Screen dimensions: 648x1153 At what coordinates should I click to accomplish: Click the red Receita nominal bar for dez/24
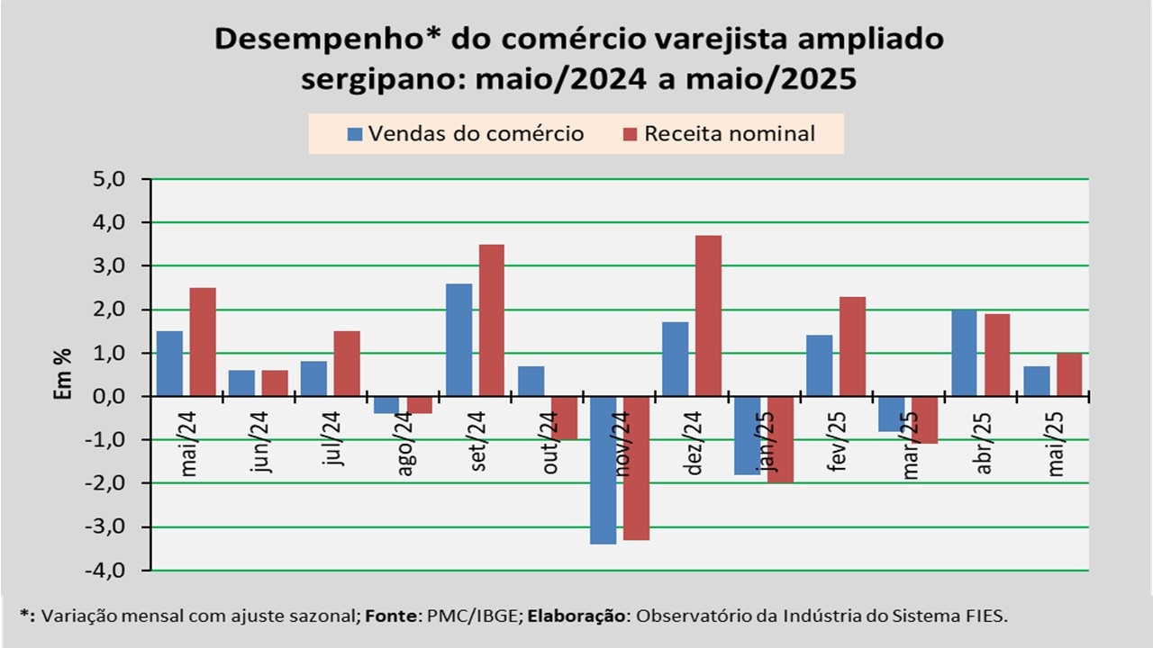[x=708, y=315]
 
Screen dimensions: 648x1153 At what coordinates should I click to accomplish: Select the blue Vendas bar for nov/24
[x=603, y=470]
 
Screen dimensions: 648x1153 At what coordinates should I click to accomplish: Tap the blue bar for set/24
[x=458, y=339]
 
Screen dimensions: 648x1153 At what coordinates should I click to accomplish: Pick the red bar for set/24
[x=492, y=319]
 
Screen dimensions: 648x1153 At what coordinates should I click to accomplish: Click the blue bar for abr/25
[x=963, y=352]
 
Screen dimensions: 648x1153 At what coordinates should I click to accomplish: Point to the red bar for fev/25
[x=852, y=346]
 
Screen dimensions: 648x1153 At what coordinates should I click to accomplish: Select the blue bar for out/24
[x=531, y=381]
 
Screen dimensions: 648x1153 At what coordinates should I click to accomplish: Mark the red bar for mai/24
[x=203, y=342]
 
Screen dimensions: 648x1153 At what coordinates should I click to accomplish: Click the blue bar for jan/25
[x=747, y=435]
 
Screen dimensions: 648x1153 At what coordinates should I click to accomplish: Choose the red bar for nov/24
[x=636, y=468]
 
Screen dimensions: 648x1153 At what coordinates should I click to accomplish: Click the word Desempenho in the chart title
[x=316, y=39]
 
